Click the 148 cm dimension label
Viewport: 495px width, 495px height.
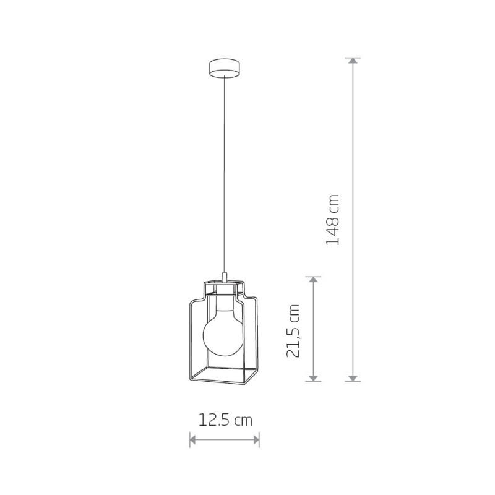332,220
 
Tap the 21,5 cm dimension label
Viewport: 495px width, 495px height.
293,331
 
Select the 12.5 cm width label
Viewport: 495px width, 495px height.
225,420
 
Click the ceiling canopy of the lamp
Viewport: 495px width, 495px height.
225,67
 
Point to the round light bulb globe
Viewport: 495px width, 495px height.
223,336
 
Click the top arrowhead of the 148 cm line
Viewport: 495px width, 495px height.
353,61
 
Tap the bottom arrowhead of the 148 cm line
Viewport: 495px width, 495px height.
353,378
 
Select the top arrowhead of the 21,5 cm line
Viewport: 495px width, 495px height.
313,280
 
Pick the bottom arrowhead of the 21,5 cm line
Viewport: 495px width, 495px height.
313,378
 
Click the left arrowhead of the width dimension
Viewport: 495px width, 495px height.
192,439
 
